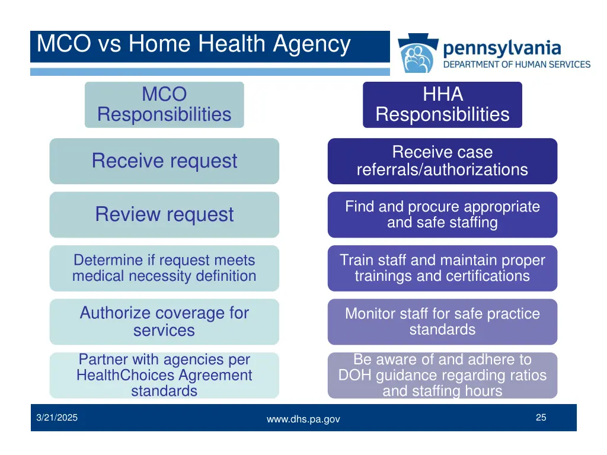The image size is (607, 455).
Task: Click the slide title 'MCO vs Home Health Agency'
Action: tap(193, 45)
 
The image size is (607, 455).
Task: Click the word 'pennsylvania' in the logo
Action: tap(501, 47)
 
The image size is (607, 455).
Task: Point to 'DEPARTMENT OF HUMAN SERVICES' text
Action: tap(517, 65)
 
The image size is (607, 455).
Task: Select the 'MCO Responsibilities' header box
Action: tap(164, 104)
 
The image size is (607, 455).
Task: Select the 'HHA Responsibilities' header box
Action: tap(442, 104)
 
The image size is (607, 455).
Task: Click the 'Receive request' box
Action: tap(164, 161)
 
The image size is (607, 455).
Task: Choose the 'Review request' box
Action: tap(164, 214)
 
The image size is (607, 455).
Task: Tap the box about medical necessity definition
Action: tap(164, 268)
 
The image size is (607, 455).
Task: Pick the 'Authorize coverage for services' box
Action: tap(164, 321)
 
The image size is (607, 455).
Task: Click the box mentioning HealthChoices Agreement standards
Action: tap(164, 375)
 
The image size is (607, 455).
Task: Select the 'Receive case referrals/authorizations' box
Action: tap(442, 161)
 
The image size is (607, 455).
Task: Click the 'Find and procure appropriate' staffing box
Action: tap(442, 214)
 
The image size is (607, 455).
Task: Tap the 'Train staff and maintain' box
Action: tap(442, 268)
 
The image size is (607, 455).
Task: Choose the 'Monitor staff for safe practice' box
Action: tap(442, 321)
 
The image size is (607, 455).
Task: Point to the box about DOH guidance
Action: tap(442, 375)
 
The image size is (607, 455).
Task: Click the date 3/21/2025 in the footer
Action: tap(56, 418)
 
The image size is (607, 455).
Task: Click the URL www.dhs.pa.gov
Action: tap(303, 419)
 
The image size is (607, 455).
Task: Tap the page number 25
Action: tap(541, 418)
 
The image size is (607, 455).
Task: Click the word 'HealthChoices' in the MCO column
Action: tap(118, 375)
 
